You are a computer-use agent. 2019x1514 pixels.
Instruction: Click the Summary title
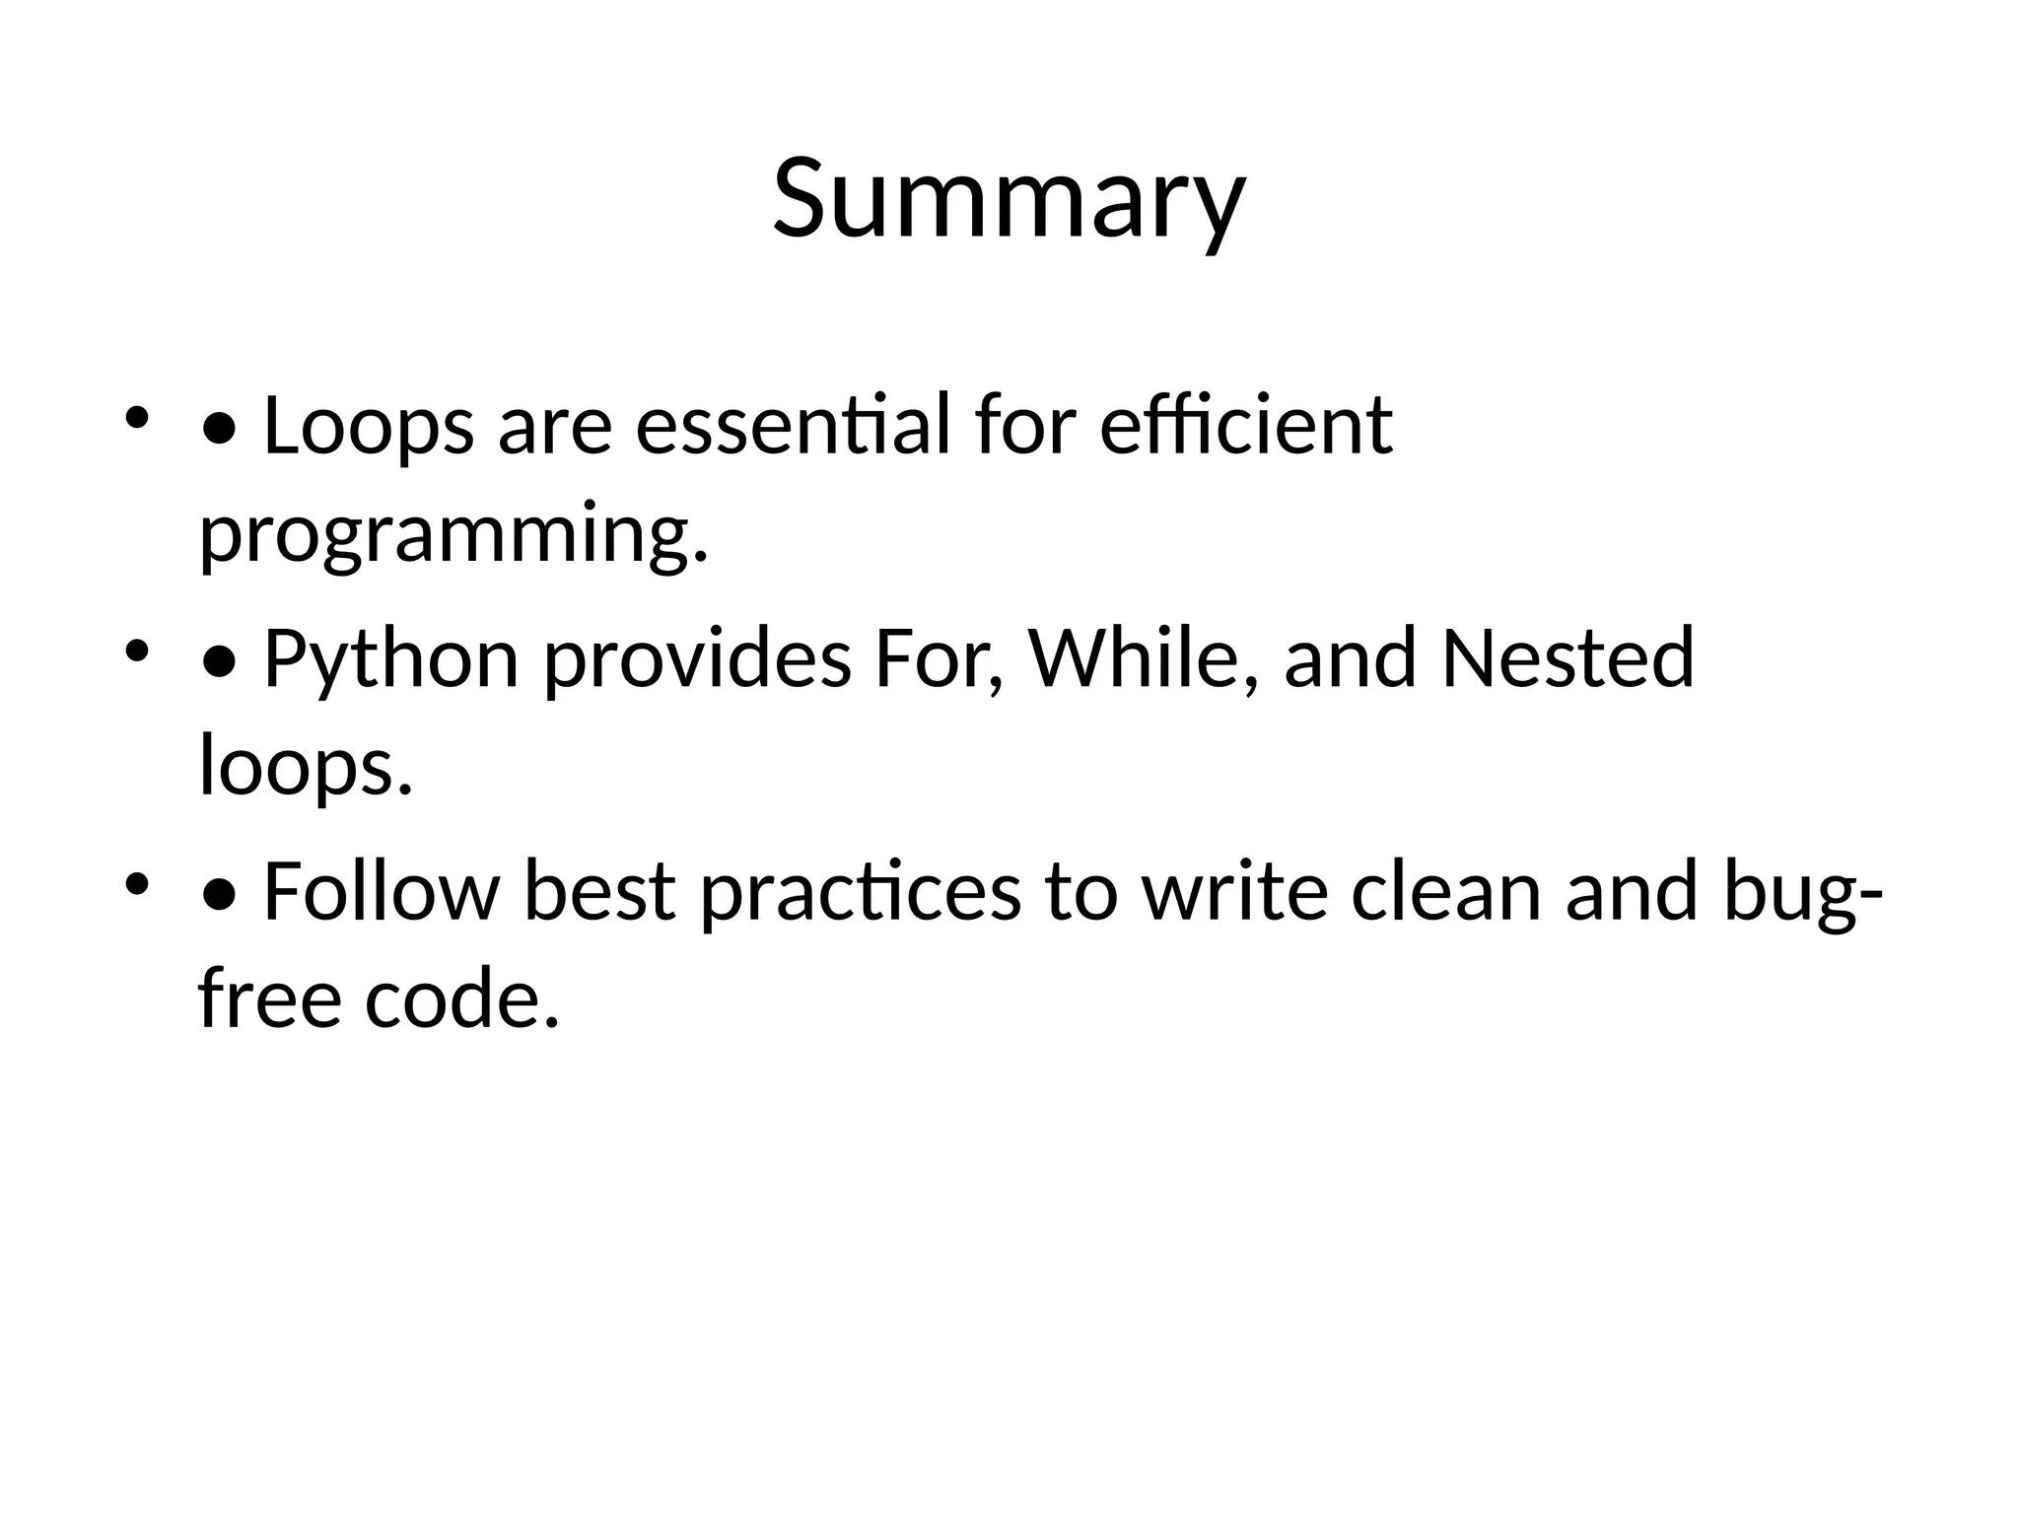[x=1009, y=200]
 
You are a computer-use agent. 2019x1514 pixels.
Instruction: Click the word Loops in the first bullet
[x=369, y=426]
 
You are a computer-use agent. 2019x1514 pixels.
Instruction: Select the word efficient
[x=1245, y=426]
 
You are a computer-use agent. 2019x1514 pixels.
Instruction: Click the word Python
[x=391, y=659]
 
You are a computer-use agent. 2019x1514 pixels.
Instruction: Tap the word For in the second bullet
[x=939, y=659]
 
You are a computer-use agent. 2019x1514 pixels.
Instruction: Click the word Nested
[x=1567, y=659]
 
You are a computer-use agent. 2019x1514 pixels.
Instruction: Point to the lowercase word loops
[x=305, y=767]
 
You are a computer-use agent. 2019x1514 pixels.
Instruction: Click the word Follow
[x=383, y=892]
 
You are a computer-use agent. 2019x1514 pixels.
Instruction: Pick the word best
[x=599, y=892]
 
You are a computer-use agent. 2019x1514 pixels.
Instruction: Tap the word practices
[x=861, y=892]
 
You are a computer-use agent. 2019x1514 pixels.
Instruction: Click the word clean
[x=1445, y=892]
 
